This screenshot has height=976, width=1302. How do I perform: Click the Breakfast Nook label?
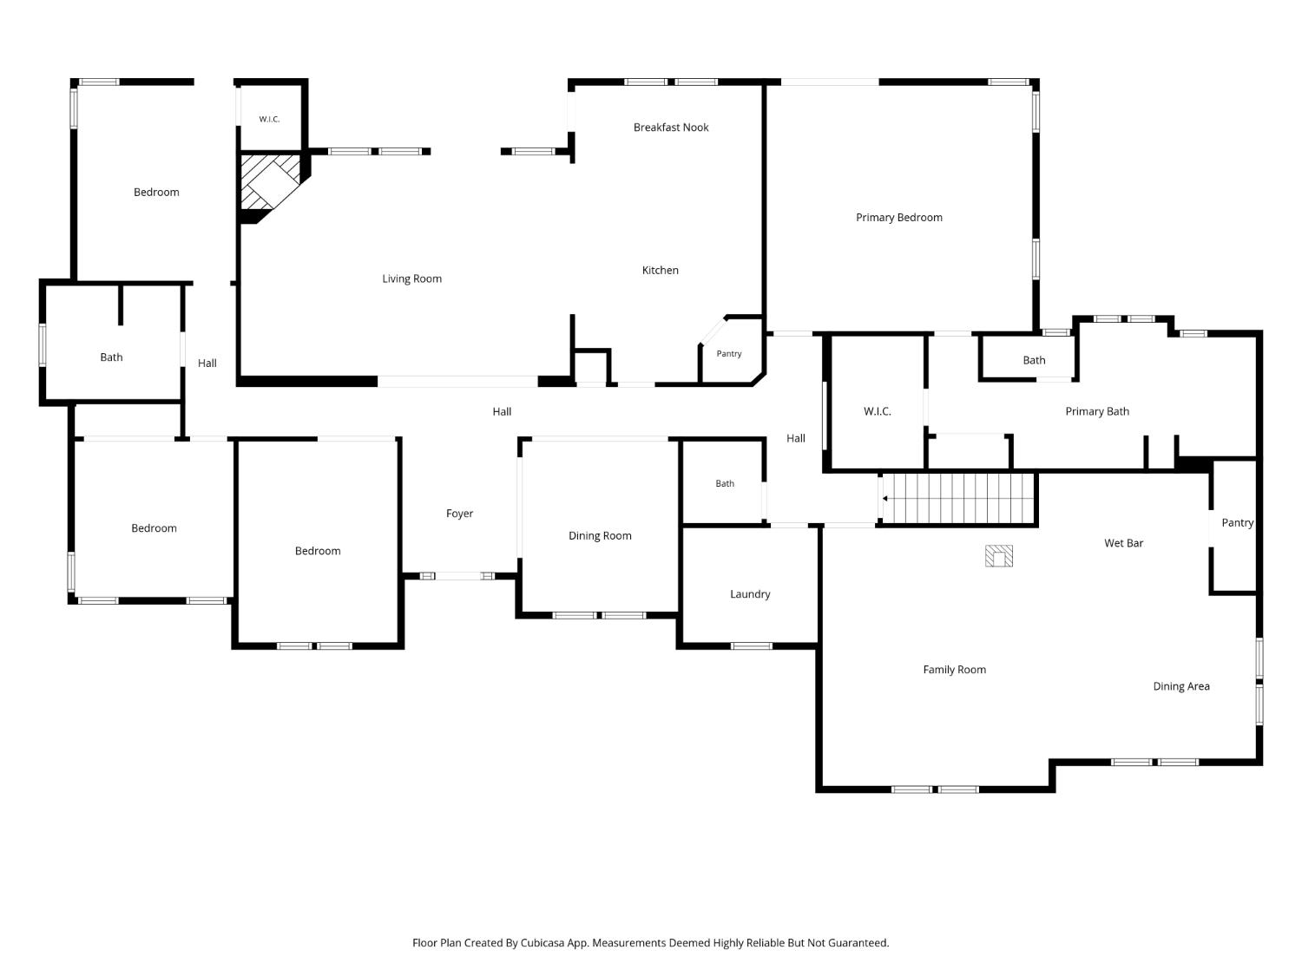671,128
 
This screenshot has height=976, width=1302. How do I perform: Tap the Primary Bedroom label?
898,218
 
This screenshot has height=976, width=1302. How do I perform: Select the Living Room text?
411,278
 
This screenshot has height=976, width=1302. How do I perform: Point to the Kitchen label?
661,270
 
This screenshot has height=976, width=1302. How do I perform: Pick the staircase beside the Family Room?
958,498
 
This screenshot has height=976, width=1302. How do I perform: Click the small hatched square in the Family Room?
999,556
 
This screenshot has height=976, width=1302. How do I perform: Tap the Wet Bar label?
1123,543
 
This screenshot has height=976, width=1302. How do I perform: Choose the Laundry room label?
750,594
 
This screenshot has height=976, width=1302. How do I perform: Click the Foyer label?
459,514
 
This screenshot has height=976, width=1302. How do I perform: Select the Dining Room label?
600,535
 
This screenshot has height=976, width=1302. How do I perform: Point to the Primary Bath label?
1097,411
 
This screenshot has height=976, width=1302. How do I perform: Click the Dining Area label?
1181,686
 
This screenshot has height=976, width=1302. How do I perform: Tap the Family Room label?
955,670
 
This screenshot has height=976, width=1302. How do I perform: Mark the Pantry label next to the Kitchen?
729,354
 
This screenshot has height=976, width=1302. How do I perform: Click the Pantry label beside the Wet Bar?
1238,522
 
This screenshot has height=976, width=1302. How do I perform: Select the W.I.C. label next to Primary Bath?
878,411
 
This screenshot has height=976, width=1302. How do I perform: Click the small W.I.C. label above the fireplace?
269,119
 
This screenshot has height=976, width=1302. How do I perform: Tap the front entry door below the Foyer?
457,575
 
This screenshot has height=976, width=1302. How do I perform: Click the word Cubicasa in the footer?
542,943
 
